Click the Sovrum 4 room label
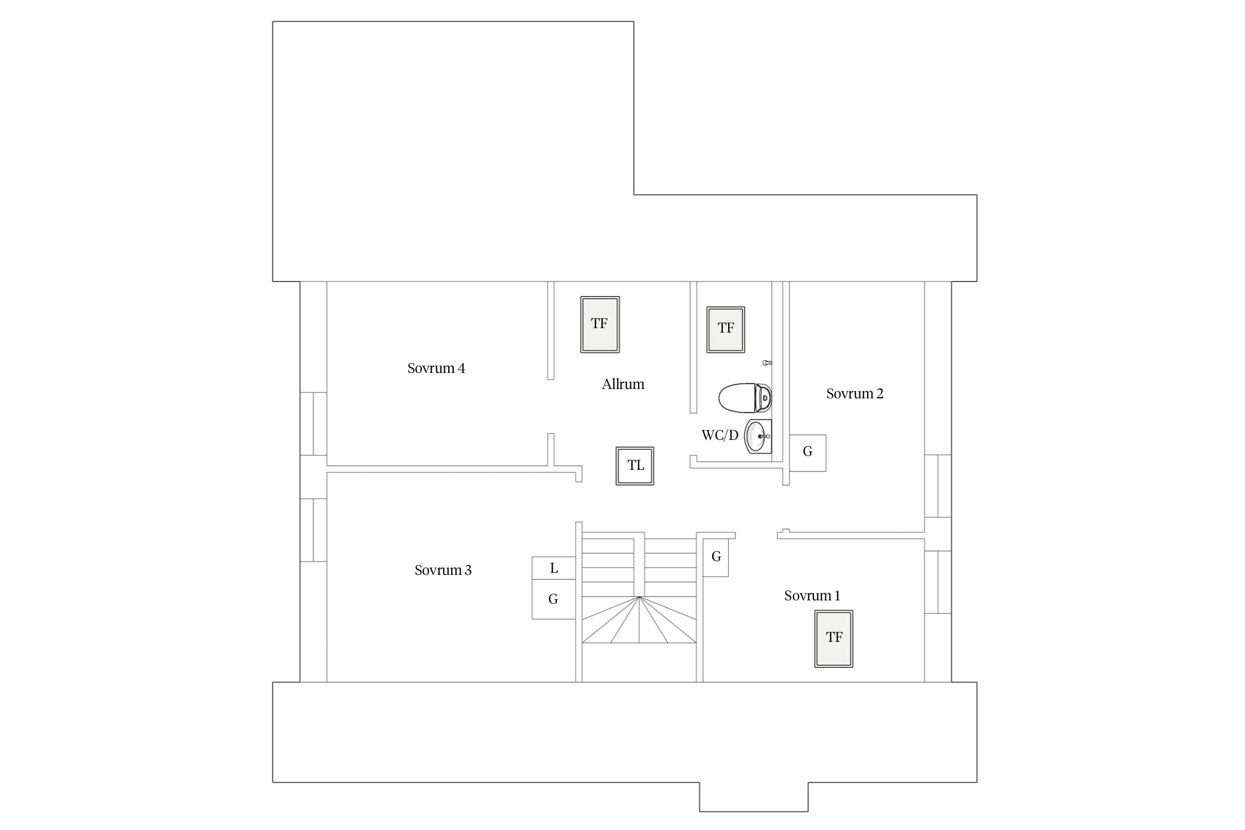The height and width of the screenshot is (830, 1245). pyautogui.click(x=436, y=369)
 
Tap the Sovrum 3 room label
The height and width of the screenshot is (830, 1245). pyautogui.click(x=443, y=570)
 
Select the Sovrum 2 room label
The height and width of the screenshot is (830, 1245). pyautogui.click(x=854, y=394)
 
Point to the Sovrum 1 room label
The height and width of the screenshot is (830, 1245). pyautogui.click(x=812, y=596)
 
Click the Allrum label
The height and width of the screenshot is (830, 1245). pyautogui.click(x=623, y=385)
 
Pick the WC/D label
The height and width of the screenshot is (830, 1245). pyautogui.click(x=720, y=435)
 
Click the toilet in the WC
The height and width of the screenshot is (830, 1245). pyautogui.click(x=745, y=397)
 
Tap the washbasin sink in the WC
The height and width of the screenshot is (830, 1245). pyautogui.click(x=758, y=436)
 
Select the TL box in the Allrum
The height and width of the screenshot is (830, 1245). pyautogui.click(x=635, y=466)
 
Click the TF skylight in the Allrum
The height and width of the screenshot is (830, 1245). pyautogui.click(x=600, y=324)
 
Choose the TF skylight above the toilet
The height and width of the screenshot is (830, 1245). pyautogui.click(x=725, y=329)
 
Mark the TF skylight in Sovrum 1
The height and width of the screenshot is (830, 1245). pyautogui.click(x=833, y=639)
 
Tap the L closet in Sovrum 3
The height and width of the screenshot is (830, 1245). pyautogui.click(x=553, y=568)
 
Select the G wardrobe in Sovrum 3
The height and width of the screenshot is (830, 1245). pyautogui.click(x=553, y=599)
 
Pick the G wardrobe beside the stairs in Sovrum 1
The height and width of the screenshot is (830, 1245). pyautogui.click(x=715, y=557)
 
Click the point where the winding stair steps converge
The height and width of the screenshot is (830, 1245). pyautogui.click(x=639, y=597)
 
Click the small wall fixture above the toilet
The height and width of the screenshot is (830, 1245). pyautogui.click(x=767, y=362)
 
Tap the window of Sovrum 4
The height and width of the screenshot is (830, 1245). pyautogui.click(x=313, y=423)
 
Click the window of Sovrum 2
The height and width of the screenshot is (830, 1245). pyautogui.click(x=938, y=486)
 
